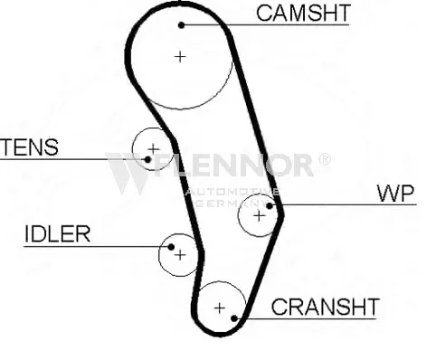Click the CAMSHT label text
coord(303,13)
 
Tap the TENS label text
coord(30,147)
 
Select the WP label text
coord(395,194)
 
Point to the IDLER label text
coord(57,234)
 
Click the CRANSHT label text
coord(325,307)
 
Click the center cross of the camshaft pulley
coord(180,57)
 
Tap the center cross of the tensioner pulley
coord(154,149)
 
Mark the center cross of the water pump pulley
coord(259,216)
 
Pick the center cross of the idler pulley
coord(180,255)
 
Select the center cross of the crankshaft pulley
coord(220,308)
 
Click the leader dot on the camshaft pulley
coord(181,25)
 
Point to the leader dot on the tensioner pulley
coord(147,159)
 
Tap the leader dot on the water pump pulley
coord(270,205)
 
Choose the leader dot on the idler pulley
coord(171,247)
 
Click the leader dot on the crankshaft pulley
coord(234,318)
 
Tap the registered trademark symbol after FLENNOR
coord(325,159)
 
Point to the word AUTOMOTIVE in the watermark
coord(232,192)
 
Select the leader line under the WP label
coord(343,205)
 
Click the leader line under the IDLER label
coord(98,247)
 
